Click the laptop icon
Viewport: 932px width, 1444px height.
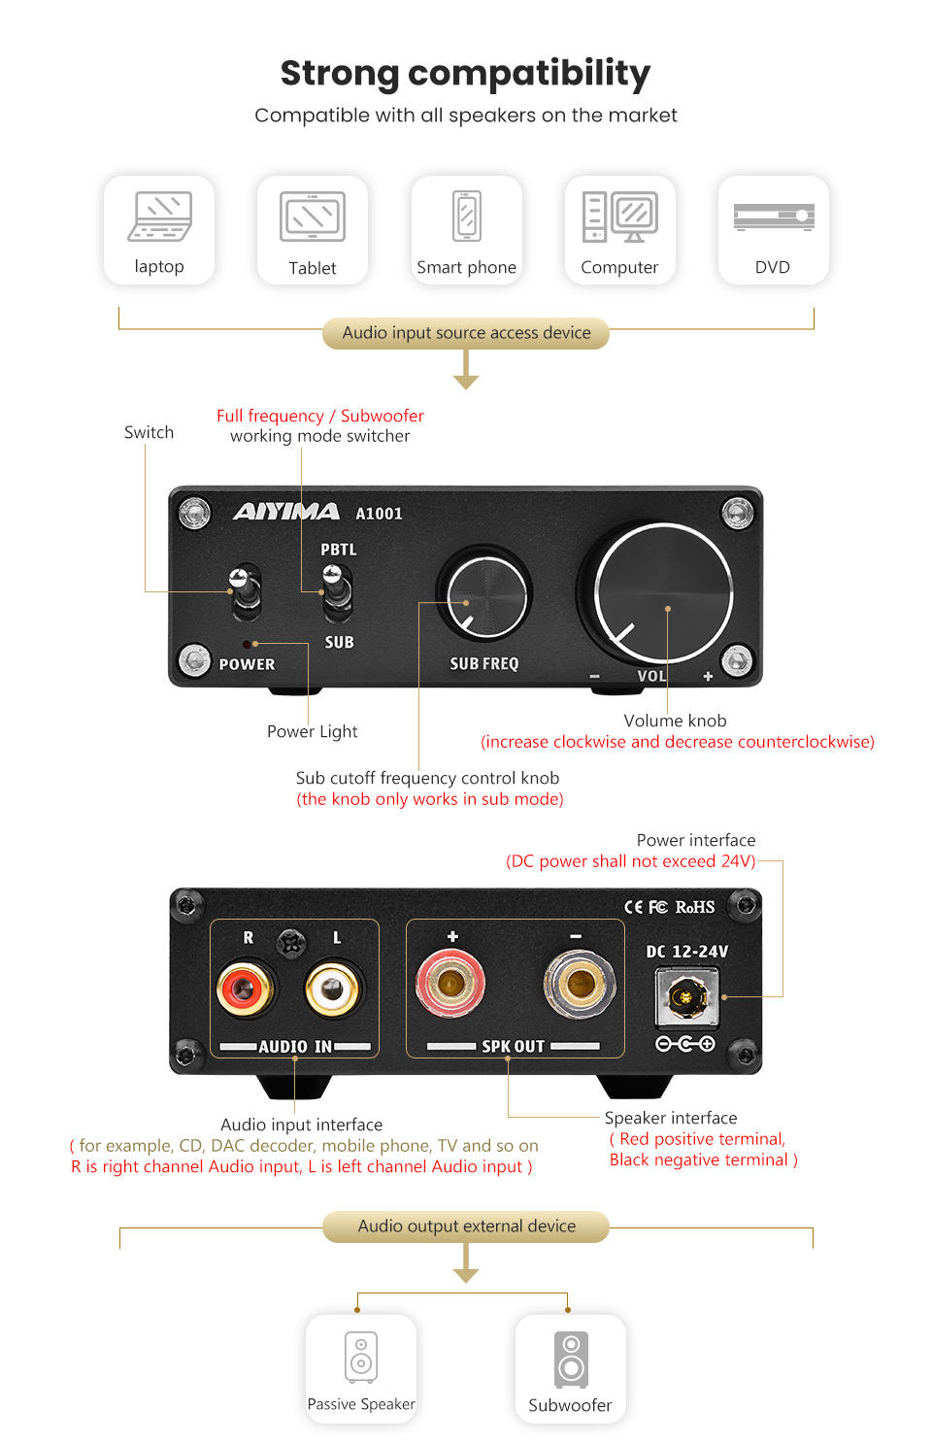pyautogui.click(x=159, y=216)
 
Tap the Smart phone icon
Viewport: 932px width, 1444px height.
pyautogui.click(x=467, y=215)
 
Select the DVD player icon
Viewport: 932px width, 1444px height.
pyautogui.click(x=774, y=217)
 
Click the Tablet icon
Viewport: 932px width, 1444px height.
pyautogui.click(x=313, y=217)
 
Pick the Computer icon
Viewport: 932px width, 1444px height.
pyautogui.click(x=620, y=216)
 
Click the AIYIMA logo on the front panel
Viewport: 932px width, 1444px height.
pyautogui.click(x=286, y=512)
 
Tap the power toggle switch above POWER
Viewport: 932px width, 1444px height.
pyautogui.click(x=245, y=590)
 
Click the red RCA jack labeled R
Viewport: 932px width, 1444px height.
pyautogui.click(x=245, y=990)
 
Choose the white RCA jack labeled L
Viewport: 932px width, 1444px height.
pyautogui.click(x=333, y=990)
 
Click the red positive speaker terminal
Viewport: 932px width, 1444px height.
pyautogui.click(x=449, y=984)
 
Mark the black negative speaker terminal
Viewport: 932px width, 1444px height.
pyautogui.click(x=579, y=984)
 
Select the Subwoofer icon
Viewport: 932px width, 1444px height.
pyautogui.click(x=571, y=1359)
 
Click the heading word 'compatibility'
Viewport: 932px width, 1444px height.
pyautogui.click(x=529, y=74)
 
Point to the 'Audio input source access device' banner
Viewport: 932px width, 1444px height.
pyautogui.click(x=466, y=333)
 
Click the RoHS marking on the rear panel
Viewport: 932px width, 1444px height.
pyautogui.click(x=695, y=907)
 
